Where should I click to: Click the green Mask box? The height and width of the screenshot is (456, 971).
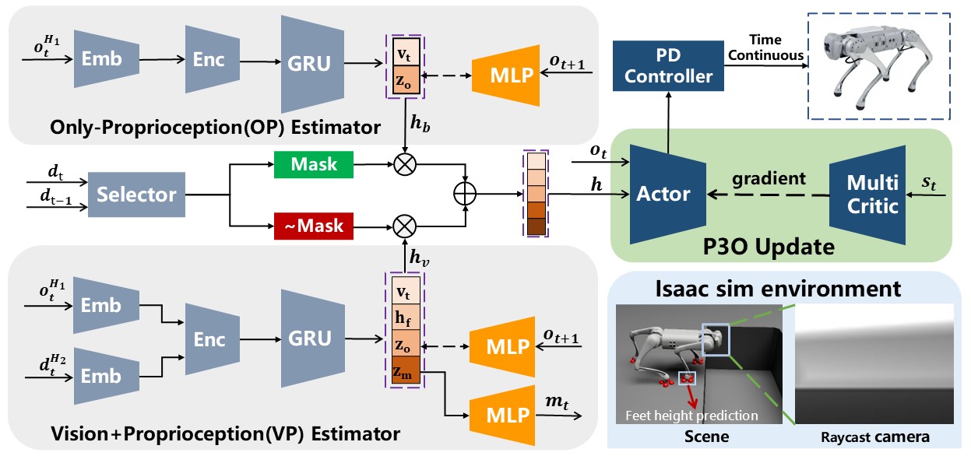tap(313, 164)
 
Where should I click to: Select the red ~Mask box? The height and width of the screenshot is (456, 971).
tap(313, 226)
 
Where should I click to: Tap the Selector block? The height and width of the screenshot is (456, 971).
tap(136, 195)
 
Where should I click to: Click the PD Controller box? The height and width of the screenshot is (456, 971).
tap(668, 66)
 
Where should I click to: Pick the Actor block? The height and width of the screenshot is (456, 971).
tap(667, 195)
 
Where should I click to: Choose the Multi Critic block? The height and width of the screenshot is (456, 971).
tap(867, 195)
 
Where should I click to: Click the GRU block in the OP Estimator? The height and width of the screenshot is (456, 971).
tap(312, 64)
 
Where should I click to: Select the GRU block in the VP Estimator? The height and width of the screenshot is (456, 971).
tap(312, 338)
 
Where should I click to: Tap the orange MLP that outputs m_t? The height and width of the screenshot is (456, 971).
tap(502, 416)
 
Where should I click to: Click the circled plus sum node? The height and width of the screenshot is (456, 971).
tap(465, 194)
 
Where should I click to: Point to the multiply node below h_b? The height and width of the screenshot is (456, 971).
tap(405, 164)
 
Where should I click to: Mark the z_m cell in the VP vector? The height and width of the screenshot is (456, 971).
tap(406, 370)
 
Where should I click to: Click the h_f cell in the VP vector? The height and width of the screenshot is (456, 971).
tap(406, 317)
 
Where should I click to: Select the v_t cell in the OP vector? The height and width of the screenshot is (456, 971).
tap(406, 52)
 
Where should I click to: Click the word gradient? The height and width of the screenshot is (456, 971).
tap(769, 179)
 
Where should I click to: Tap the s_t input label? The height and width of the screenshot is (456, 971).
tap(929, 182)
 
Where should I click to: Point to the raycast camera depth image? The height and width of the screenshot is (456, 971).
tap(874, 363)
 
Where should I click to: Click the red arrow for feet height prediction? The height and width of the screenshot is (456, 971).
tap(691, 395)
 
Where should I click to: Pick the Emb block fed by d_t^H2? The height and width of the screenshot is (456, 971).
tap(106, 377)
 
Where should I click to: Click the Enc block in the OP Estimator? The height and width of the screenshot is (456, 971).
tap(213, 59)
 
